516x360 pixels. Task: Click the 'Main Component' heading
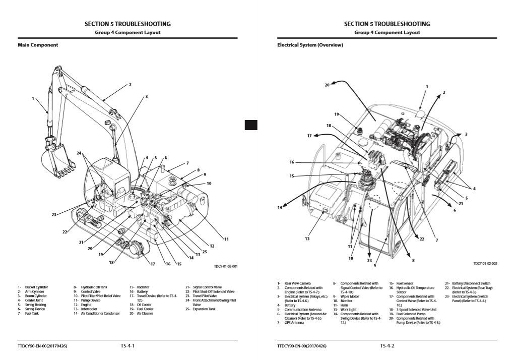tap(38, 45)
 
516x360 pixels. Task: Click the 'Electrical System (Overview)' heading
tap(310, 45)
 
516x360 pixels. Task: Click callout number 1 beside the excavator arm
tap(33, 98)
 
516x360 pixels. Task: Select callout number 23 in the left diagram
tap(53, 214)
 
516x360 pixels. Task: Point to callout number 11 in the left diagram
tap(226, 238)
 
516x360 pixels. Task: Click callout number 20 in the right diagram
tap(327, 85)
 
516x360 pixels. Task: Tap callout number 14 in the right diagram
tap(279, 208)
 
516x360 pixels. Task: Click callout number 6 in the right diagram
tap(455, 210)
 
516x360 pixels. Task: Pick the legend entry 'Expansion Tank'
tap(204, 309)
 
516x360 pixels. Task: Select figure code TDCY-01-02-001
tap(225, 267)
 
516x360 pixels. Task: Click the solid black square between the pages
tap(251, 125)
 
